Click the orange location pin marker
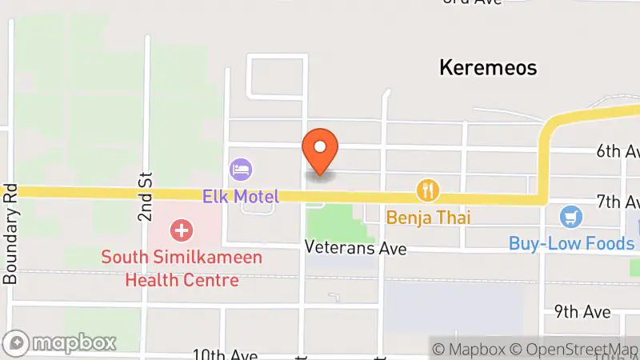click(320, 150)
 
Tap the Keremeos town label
click(487, 67)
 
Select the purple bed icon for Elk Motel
click(241, 169)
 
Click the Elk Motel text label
click(240, 196)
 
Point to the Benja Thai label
click(429, 217)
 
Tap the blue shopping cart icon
click(570, 216)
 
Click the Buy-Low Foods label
click(571, 243)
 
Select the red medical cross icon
click(182, 231)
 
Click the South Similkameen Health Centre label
click(170, 270)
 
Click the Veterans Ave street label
click(355, 250)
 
